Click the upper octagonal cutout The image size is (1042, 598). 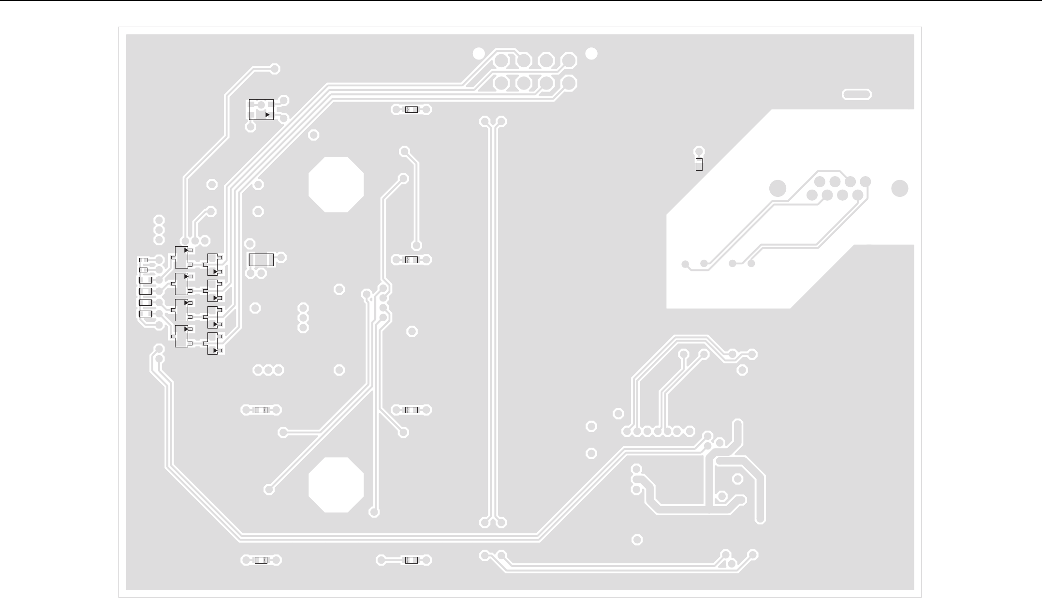(336, 184)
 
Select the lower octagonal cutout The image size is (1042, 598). (336, 485)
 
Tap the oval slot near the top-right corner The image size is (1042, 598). (856, 94)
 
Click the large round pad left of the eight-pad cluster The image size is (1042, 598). (778, 188)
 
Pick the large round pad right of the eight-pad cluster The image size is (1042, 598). (899, 188)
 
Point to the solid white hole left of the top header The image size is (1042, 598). (478, 54)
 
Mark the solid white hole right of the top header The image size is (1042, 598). (591, 54)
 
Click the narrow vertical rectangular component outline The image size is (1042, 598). (699, 164)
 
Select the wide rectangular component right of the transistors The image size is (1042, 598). (261, 260)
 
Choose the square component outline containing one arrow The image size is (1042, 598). (261, 109)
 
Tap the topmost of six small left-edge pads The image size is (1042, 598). (143, 260)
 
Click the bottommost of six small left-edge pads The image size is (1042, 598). (145, 314)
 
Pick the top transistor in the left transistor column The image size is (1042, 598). (182, 257)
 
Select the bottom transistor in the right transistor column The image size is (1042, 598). (213, 344)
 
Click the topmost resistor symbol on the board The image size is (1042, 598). (411, 110)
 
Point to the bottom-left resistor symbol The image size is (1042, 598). (261, 560)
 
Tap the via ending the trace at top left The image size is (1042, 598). (275, 69)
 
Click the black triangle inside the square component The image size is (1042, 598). (267, 115)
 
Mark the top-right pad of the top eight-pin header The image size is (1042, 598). (569, 60)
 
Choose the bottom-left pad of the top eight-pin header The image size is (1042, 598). (501, 83)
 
